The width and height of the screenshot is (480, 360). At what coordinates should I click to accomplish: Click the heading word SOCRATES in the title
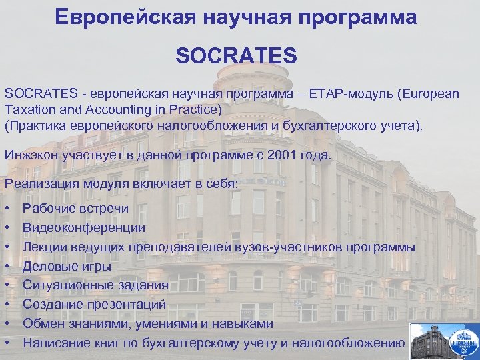click(x=236, y=55)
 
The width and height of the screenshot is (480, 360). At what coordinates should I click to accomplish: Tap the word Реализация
click(x=39, y=183)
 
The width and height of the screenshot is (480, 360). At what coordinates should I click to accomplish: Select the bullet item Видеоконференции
click(x=84, y=228)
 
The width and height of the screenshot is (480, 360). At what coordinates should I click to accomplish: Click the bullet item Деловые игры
click(x=67, y=267)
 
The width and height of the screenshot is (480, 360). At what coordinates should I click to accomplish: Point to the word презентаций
click(x=131, y=305)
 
